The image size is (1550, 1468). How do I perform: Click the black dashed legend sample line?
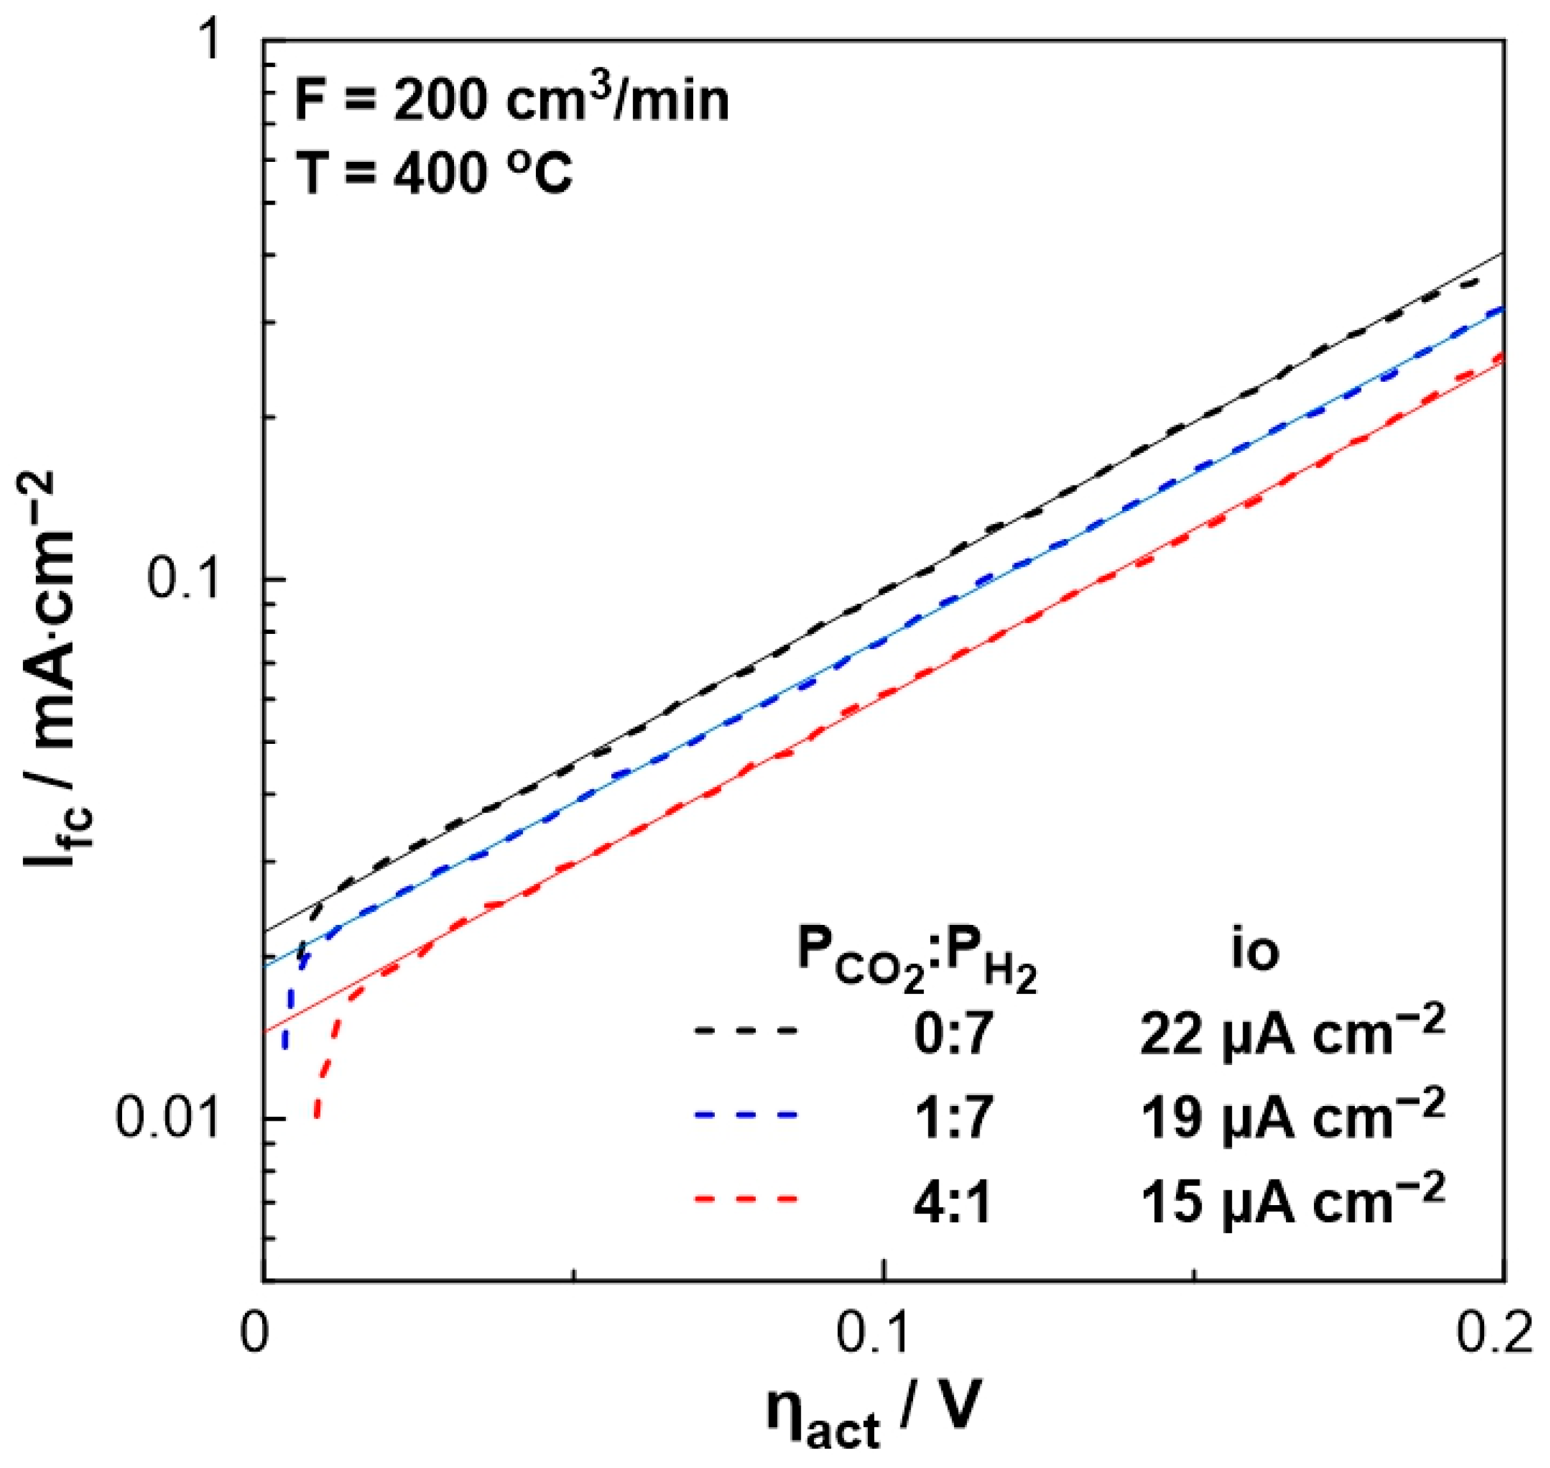745,1030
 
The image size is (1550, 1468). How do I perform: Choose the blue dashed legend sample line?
745,1114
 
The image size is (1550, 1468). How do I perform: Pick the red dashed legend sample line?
745,1198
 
